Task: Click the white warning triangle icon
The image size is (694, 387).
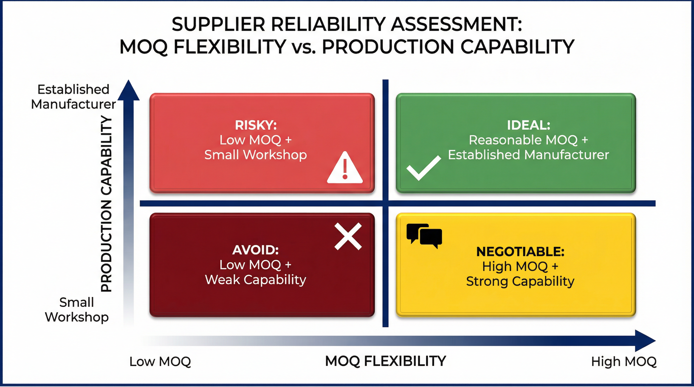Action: tap(345, 168)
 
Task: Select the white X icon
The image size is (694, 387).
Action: tap(348, 237)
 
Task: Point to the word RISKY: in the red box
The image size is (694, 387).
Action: tap(256, 125)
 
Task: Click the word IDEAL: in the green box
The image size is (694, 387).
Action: tap(529, 125)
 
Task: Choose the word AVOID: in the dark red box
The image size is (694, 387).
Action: tap(255, 250)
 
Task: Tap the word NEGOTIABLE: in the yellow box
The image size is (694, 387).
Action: tap(520, 252)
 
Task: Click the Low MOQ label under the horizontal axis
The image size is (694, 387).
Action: tap(160, 362)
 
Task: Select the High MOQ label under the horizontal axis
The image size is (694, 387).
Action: tap(624, 362)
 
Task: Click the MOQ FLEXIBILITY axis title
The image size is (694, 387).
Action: tap(386, 361)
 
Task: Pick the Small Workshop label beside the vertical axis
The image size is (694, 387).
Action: tap(77, 310)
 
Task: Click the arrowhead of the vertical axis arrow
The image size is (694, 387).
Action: tap(129, 90)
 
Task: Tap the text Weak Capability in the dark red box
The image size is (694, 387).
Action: tap(255, 280)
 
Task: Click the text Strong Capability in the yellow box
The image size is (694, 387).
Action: tap(520, 281)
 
